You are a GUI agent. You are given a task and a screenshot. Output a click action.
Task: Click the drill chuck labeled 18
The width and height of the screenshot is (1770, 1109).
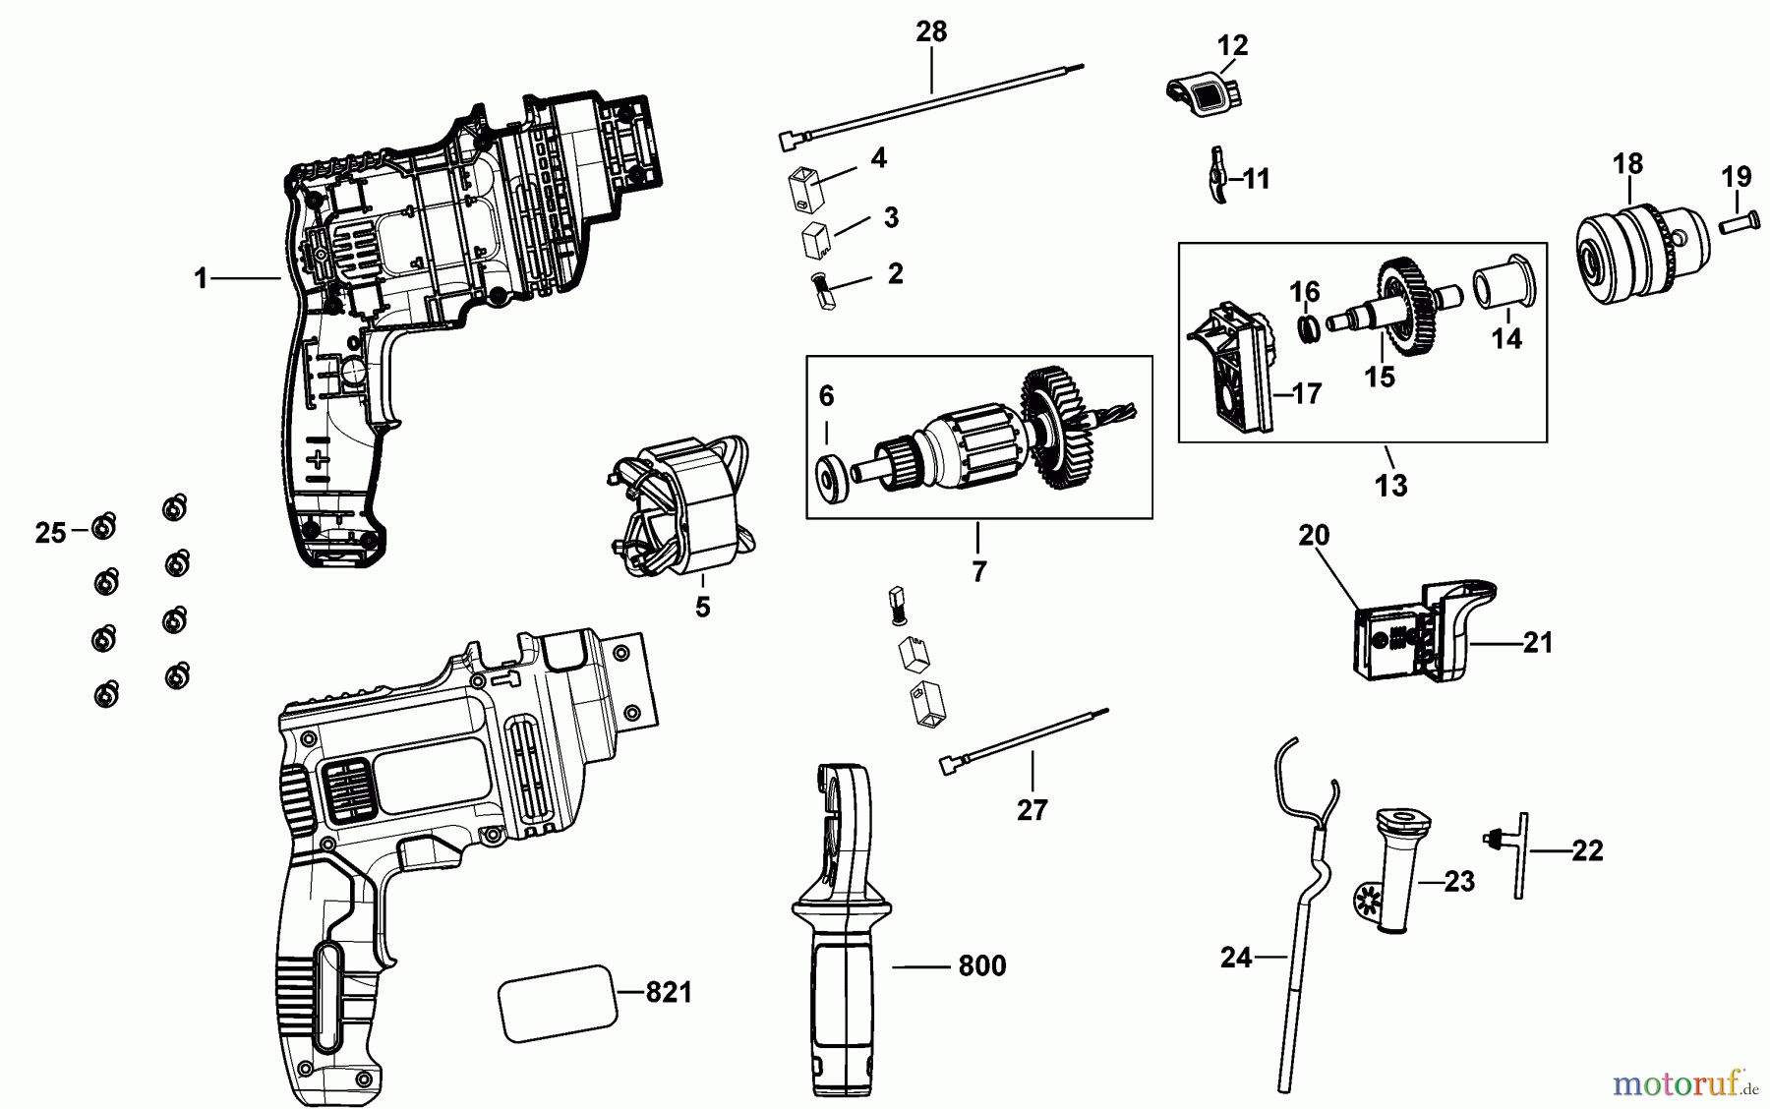(1628, 252)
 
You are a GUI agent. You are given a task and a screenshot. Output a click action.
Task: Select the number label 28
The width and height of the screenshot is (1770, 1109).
(930, 32)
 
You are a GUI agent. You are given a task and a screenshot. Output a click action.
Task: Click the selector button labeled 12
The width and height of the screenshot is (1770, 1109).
(1205, 93)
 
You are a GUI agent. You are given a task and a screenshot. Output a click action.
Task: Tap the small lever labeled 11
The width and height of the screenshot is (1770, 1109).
(1217, 177)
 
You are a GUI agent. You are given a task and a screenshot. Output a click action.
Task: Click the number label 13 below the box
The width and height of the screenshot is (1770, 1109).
(1391, 485)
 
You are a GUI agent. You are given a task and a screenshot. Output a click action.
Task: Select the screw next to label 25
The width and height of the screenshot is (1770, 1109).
(103, 527)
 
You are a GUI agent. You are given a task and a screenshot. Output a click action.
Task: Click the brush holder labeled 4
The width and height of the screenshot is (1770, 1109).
(804, 189)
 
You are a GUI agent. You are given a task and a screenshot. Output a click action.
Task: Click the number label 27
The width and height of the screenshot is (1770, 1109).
(1032, 810)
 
